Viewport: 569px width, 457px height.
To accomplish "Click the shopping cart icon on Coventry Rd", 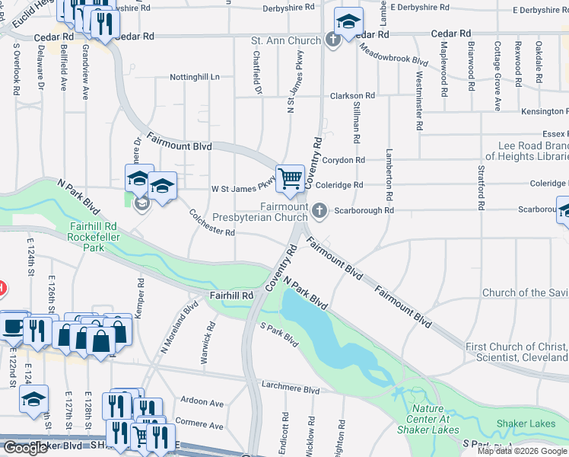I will pos(290,179).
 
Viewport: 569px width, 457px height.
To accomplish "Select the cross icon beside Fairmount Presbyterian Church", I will pos(320,210).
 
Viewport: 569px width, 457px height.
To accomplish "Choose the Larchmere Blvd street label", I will pos(290,389).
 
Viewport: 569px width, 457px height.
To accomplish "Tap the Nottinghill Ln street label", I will pos(194,77).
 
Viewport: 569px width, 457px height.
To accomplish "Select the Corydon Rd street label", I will pos(345,160).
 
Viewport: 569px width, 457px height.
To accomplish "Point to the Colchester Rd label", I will pos(211,223).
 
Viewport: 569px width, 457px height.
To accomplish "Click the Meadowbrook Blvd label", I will pos(394,56).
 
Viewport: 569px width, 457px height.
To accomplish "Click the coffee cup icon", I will pos(13,326).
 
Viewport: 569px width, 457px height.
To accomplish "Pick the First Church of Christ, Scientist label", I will pos(516,352).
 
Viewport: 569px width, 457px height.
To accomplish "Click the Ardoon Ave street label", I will pos(203,402).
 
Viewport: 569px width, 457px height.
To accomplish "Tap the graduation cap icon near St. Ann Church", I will pos(348,21).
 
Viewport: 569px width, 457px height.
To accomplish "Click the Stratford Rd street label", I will pos(481,187).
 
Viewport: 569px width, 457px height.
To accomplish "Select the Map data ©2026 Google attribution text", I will pos(522,451).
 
